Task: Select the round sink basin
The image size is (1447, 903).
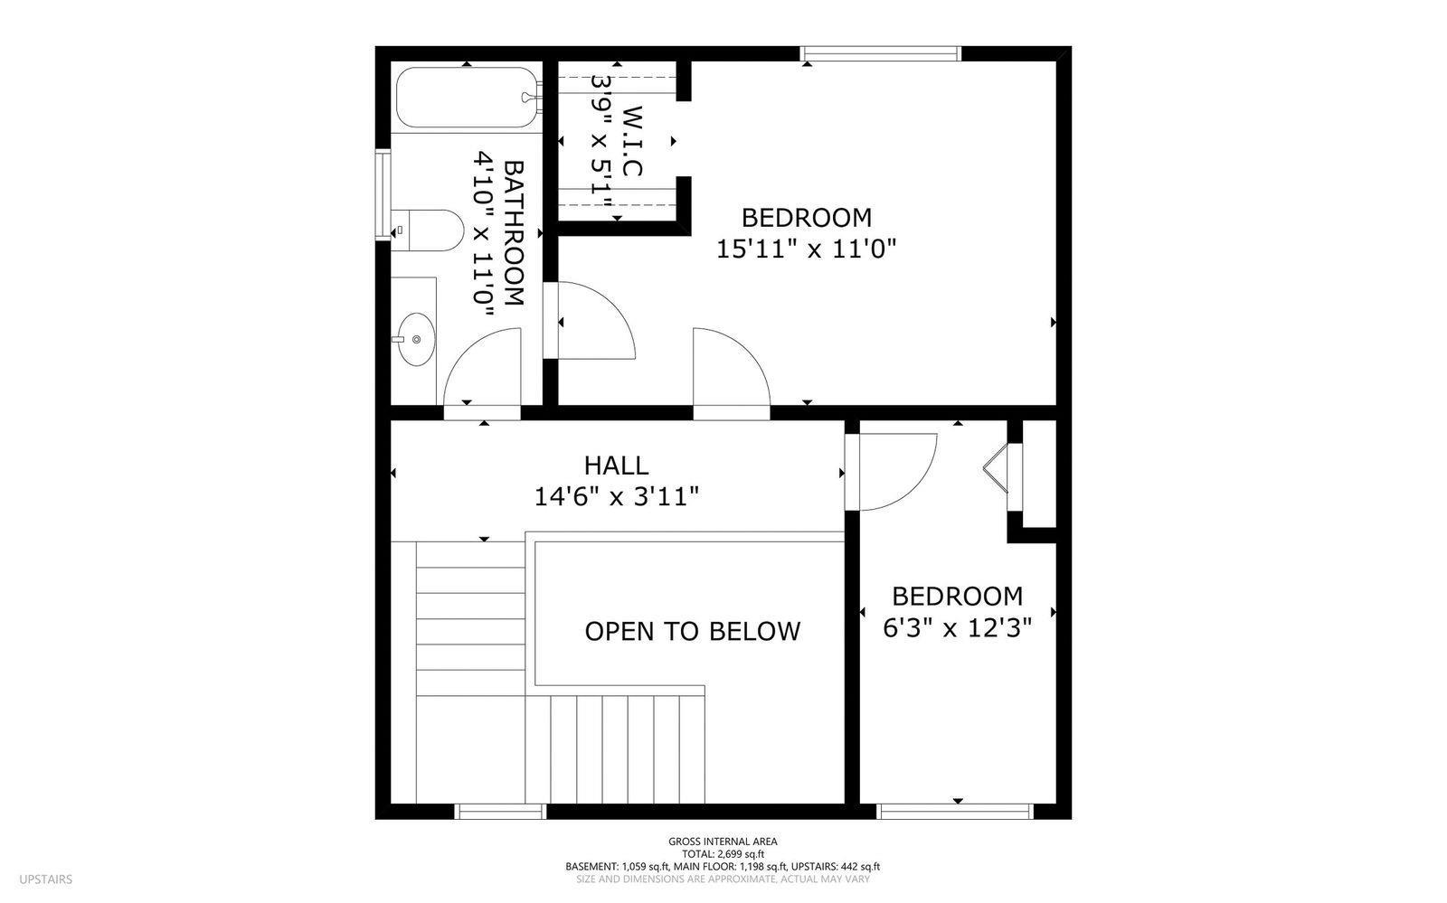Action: click(416, 340)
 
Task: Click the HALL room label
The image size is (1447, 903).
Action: click(616, 466)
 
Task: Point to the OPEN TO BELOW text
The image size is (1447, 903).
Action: click(692, 631)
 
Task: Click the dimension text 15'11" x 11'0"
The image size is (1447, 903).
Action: click(806, 249)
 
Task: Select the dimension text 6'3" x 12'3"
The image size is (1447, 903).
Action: click(957, 627)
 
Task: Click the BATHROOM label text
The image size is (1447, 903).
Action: click(513, 233)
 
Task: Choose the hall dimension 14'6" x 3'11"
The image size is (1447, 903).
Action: click(616, 496)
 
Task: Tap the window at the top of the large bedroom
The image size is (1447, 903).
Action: click(881, 53)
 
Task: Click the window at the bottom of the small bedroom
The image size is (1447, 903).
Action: click(956, 812)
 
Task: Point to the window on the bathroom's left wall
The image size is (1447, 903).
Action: click(383, 195)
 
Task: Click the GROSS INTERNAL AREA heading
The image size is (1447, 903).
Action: click(723, 841)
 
